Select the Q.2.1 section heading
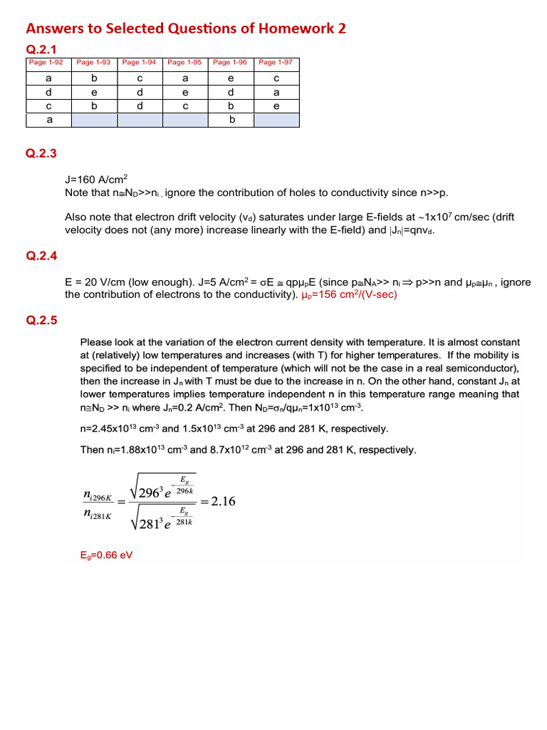pyautogui.click(x=41, y=48)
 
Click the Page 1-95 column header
pyautogui.click(x=185, y=63)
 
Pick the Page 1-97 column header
pyautogui.click(x=276, y=63)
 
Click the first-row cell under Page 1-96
pyautogui.click(x=231, y=78)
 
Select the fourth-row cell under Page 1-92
pyautogui.click(x=48, y=120)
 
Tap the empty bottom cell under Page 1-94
pyautogui.click(x=140, y=120)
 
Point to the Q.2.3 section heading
pyautogui.click(x=41, y=153)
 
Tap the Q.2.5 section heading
pyautogui.click(x=41, y=320)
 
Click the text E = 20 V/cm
pyautogui.click(x=95, y=282)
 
